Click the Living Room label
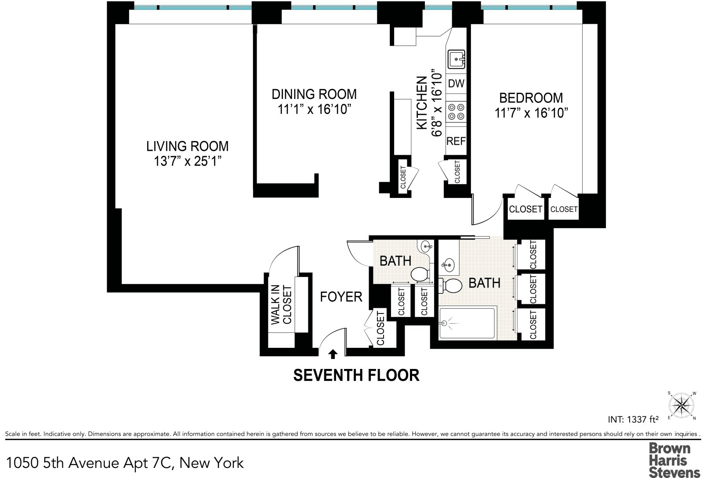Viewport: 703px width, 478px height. [187, 146]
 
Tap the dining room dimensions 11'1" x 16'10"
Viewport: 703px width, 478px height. [314, 109]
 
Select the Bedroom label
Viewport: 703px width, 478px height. [531, 98]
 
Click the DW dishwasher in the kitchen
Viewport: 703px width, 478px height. [456, 84]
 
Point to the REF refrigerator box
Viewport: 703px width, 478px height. [456, 141]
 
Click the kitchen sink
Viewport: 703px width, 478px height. [456, 59]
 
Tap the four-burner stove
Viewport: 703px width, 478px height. [456, 112]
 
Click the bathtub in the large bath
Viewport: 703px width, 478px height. [467, 323]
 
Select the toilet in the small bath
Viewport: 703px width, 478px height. [419, 274]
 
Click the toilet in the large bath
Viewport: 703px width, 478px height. [450, 285]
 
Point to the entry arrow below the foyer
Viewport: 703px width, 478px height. [333, 354]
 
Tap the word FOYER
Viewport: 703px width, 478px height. [341, 297]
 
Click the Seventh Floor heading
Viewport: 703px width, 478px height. [356, 375]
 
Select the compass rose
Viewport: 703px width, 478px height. [681, 405]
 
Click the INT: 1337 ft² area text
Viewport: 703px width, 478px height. [633, 419]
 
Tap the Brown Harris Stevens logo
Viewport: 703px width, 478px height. [674, 460]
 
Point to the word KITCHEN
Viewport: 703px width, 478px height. [422, 103]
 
